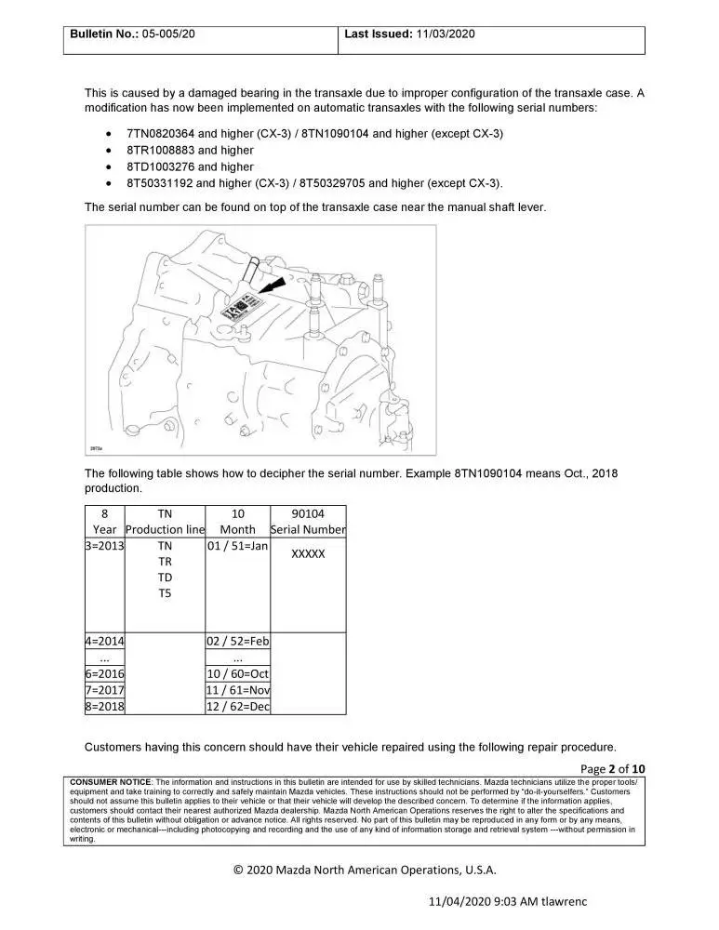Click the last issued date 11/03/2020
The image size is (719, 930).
click(445, 33)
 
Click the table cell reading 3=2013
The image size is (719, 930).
click(105, 547)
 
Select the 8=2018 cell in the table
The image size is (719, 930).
click(105, 706)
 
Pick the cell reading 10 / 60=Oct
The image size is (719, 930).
click(237, 673)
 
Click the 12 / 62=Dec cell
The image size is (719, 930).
click(237, 706)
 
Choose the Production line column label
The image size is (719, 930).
click(165, 530)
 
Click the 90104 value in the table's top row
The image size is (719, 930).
click(308, 513)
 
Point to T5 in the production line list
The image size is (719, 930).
click(165, 593)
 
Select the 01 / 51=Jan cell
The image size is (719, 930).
click(237, 547)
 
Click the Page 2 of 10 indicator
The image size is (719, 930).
click(612, 768)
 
